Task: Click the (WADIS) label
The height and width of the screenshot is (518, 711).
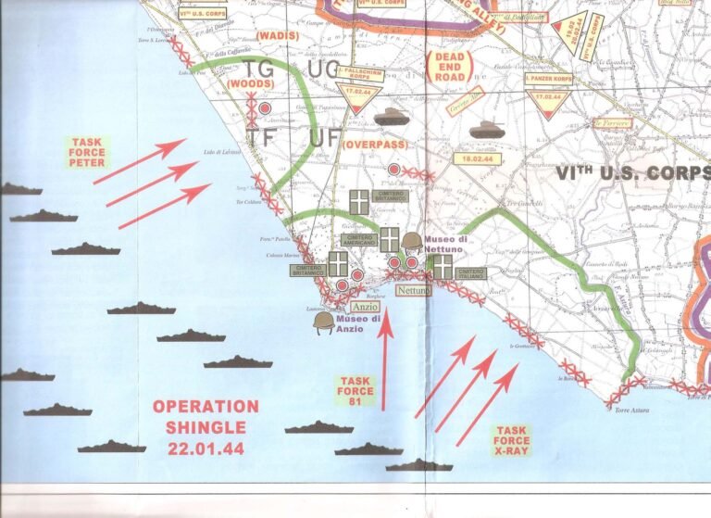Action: [x=275, y=35]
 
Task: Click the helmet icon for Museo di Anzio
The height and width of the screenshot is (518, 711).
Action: [x=323, y=321]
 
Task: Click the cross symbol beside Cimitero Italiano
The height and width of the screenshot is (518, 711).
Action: [x=443, y=266]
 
